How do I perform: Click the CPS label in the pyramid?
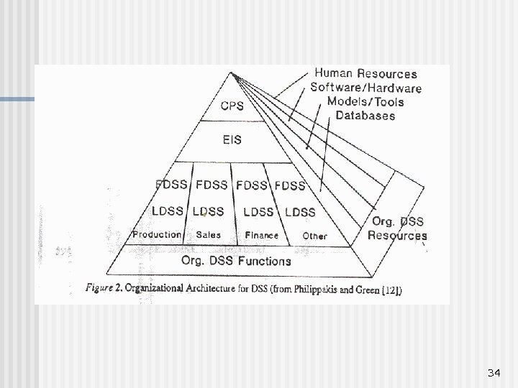coord(232,106)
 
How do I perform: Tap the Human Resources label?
coord(365,74)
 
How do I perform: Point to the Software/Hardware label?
coord(365,88)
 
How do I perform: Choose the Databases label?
coord(365,115)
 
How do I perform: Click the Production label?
coord(157,235)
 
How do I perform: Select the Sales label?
coord(208,235)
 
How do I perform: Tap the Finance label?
coord(261,235)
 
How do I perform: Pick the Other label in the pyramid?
coord(314,236)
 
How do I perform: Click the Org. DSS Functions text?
coord(237,261)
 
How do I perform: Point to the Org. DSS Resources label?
coord(397,228)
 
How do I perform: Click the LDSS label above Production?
coord(168,211)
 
